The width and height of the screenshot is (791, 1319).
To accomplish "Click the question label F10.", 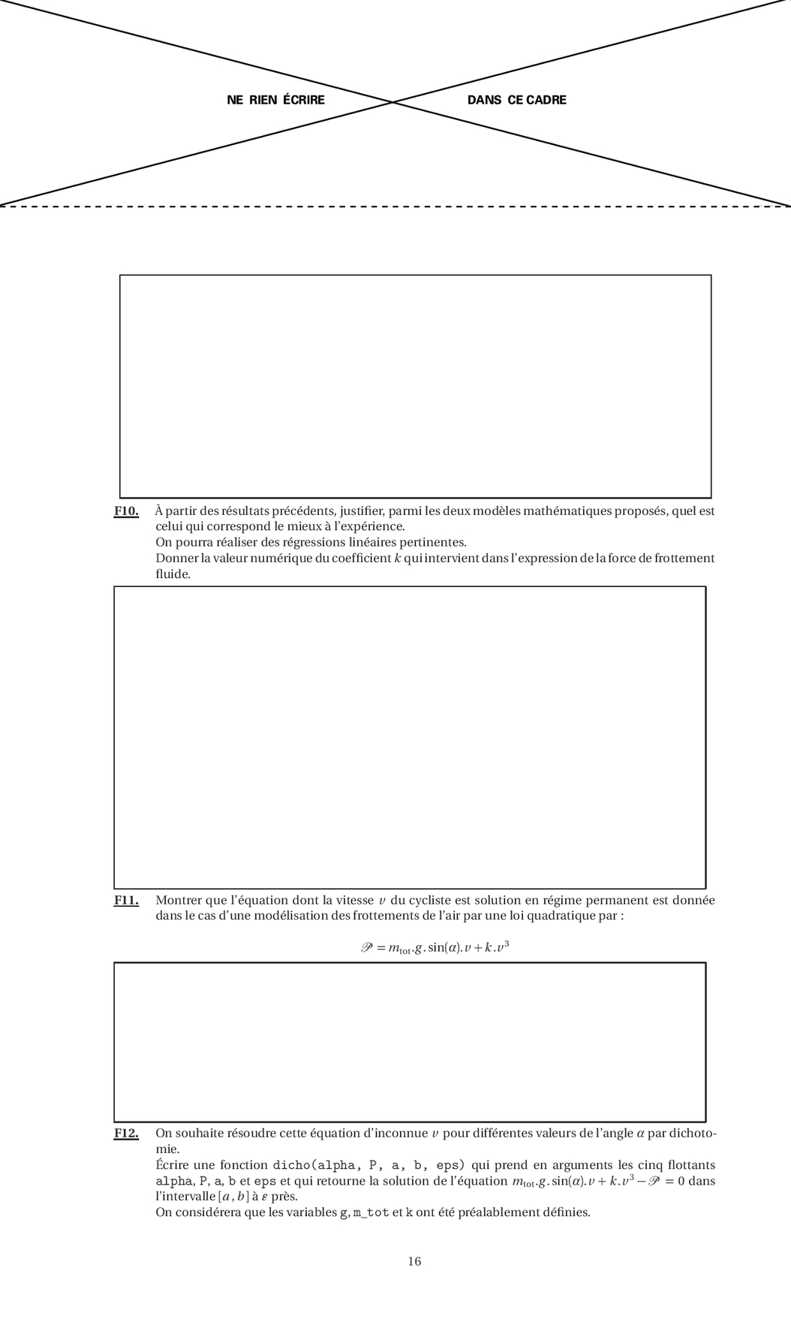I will [x=126, y=511].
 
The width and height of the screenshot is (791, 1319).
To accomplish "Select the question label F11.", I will [x=126, y=900].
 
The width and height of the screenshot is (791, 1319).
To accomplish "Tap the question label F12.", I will [x=126, y=1134].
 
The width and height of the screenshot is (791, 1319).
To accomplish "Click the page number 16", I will [x=414, y=1261].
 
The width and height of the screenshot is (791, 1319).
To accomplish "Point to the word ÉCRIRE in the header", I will [x=304, y=101].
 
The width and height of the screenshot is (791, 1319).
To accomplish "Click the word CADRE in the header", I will [x=546, y=101].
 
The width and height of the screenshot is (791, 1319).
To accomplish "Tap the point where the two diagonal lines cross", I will [x=393, y=101].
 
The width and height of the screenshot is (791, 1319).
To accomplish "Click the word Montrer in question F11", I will [x=176, y=900].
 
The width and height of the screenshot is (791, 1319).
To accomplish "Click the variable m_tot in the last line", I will [x=371, y=1212].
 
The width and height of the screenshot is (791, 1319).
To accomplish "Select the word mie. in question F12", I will [x=167, y=1149].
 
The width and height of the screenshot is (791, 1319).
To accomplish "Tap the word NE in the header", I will [x=235, y=101].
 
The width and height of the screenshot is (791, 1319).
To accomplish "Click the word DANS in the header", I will [x=484, y=101].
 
